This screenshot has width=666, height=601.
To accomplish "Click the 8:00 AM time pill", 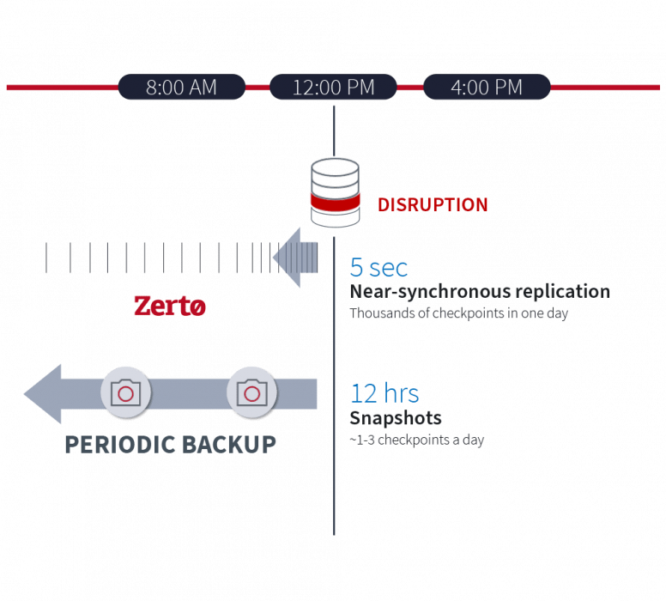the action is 182,87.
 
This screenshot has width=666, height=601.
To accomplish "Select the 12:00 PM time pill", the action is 333,87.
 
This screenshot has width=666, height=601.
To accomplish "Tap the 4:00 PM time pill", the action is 487,87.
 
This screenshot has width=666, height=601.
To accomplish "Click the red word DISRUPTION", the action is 433,205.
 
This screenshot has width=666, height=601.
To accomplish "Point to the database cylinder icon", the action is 335,192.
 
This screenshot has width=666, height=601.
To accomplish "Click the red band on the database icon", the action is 335,202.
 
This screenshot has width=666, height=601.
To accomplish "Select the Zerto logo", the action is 170,306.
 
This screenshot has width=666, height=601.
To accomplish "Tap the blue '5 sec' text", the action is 378,267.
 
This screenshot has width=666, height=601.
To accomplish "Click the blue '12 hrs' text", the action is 384,393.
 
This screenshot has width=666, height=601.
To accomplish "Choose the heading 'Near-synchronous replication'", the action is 480,292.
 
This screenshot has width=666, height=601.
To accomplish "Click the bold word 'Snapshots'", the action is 396,418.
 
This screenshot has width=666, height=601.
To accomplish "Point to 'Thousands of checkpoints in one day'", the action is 458,313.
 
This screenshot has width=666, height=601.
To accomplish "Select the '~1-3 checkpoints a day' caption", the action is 416,440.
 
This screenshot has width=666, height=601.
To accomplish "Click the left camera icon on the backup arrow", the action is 125,392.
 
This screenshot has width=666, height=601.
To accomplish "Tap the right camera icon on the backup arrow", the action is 251,392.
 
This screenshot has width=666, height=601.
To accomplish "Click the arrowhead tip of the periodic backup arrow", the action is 25,394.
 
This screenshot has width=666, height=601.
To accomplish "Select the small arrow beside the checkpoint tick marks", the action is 295,258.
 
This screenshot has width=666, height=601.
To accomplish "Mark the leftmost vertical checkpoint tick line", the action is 46,258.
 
